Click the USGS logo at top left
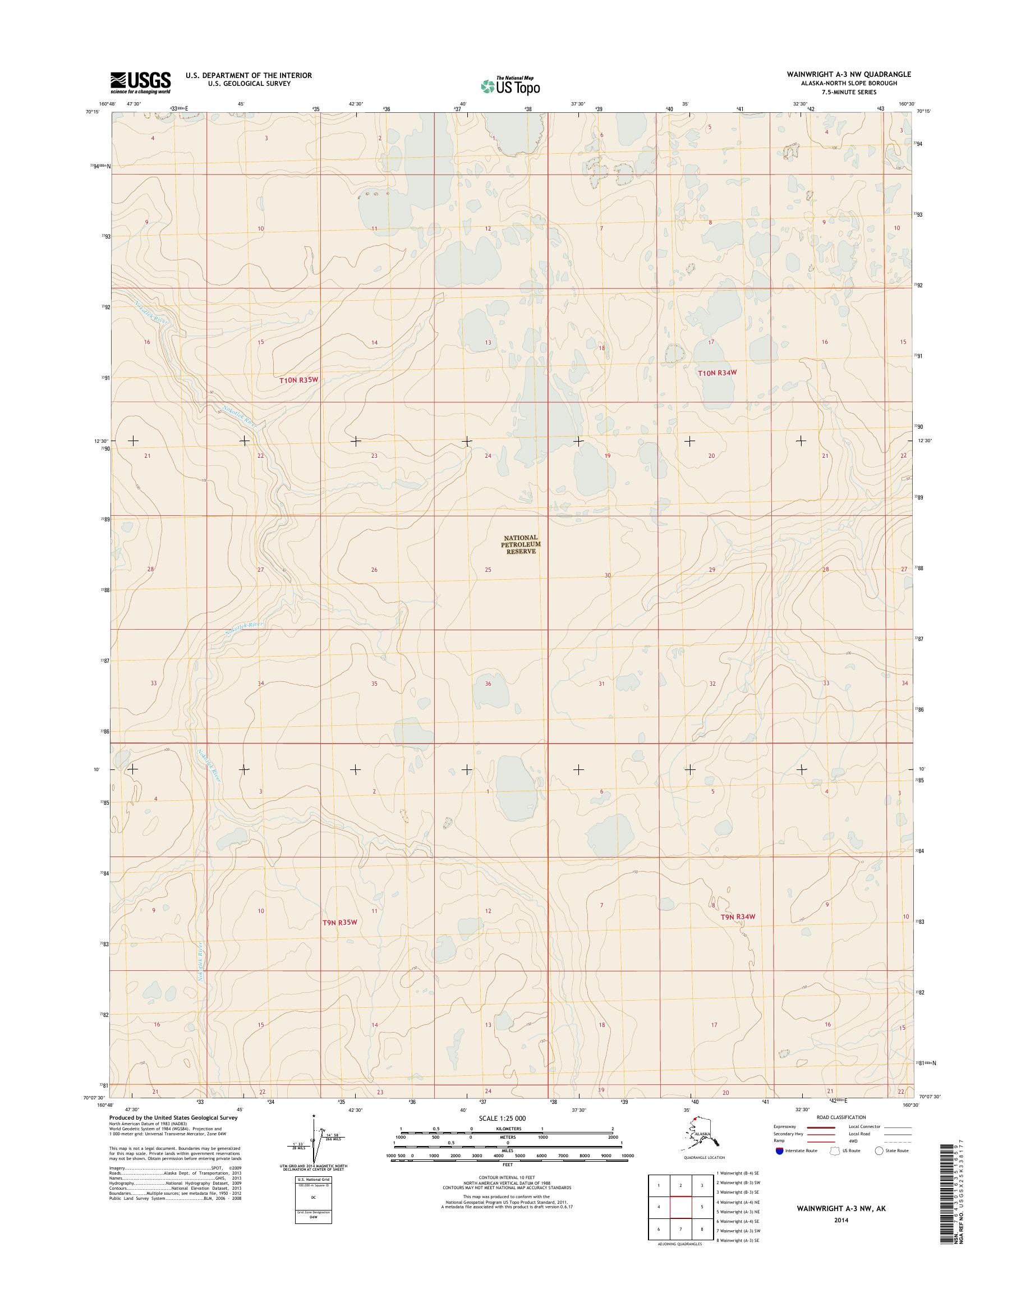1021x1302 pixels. tap(140, 82)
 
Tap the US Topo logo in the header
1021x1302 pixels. tap(510, 86)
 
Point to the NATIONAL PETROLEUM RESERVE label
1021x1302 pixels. tap(521, 545)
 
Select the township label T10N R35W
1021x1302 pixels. tap(297, 380)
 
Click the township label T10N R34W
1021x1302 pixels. tap(718, 373)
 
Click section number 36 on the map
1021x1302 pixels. tap(488, 684)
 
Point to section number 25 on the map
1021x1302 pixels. tap(488, 570)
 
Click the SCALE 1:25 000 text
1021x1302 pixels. tap(502, 1118)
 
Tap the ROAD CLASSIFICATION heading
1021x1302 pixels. tap(840, 1117)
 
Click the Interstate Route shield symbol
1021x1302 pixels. tap(779, 1150)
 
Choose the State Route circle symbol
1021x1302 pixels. tap(879, 1150)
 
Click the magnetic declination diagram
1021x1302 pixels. tap(312, 1140)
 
